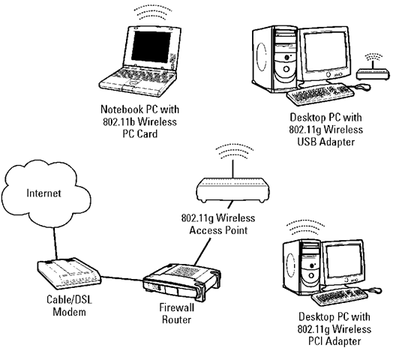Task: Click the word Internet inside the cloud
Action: coord(43,193)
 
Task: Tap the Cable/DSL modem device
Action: coord(69,273)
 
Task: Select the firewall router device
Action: coord(181,282)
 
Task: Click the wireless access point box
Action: coord(232,190)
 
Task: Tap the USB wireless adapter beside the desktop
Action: coord(373,73)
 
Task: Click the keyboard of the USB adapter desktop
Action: coord(320,94)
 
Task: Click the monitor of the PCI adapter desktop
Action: coord(344,262)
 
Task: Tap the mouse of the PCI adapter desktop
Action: coord(375,290)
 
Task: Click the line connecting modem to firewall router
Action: coord(122,279)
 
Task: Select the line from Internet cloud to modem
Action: coord(55,244)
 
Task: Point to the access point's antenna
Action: coord(232,169)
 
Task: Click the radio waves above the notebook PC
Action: coord(153,13)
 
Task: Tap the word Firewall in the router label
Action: coord(177,307)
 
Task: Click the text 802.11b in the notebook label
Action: coord(118,121)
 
